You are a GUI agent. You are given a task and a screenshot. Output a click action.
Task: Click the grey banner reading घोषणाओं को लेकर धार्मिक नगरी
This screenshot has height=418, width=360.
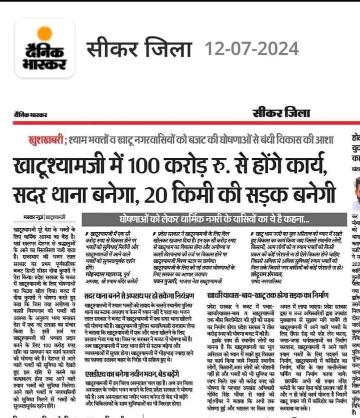(215, 218)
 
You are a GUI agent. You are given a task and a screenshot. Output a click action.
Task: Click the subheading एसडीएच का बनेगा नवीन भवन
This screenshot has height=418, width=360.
(125, 373)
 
